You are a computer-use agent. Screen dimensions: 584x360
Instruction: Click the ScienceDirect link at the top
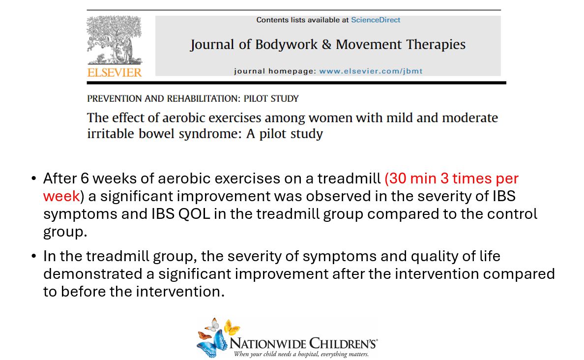(x=376, y=20)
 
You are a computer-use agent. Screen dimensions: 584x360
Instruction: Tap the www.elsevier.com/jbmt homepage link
(x=371, y=71)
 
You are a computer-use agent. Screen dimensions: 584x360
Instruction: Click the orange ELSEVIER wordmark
(x=115, y=72)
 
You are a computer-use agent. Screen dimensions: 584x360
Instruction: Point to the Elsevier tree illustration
(x=115, y=40)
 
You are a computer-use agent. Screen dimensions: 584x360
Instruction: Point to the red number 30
(x=398, y=179)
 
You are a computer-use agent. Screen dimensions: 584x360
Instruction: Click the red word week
(x=61, y=196)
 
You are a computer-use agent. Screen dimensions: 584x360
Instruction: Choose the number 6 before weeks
(x=85, y=179)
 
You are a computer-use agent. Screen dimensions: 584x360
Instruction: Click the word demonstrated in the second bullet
(x=93, y=274)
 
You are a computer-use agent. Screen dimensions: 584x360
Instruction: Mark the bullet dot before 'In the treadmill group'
(x=34, y=256)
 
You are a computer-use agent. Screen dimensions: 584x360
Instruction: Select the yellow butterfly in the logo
(x=232, y=327)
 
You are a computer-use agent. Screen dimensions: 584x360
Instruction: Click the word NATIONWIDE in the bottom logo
(x=268, y=343)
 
